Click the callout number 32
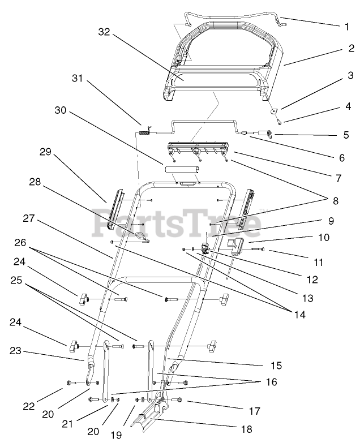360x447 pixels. [103, 33]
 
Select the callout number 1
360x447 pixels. [346, 25]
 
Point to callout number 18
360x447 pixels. [246, 429]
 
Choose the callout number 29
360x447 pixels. [46, 151]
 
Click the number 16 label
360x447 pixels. [272, 382]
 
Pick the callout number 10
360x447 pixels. [323, 238]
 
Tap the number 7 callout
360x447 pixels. [338, 178]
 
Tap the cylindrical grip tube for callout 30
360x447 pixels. [182, 169]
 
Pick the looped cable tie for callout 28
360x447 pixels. [143, 238]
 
